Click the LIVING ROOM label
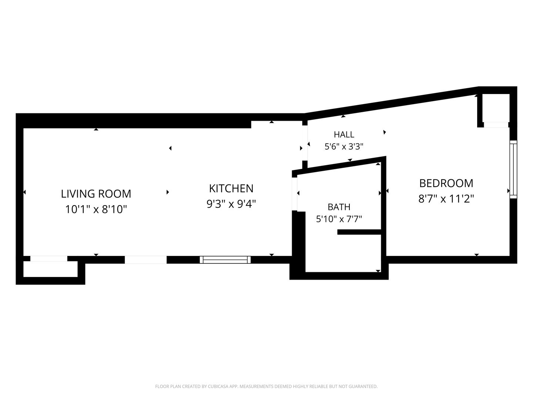click(96, 194)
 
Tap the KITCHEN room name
click(231, 189)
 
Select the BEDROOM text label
click(446, 183)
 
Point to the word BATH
click(339, 207)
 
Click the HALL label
click(344, 134)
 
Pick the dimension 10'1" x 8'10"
click(96, 209)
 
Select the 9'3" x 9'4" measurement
click(231, 204)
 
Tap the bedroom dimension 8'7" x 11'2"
click(446, 199)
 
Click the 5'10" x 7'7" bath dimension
click(339, 219)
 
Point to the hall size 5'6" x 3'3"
click(344, 146)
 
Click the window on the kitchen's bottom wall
click(225, 260)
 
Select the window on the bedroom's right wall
click(513, 169)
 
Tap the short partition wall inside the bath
click(359, 232)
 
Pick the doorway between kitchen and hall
click(305, 143)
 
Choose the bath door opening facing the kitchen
click(294, 194)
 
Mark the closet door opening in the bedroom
click(496, 124)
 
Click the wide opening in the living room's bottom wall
click(146, 260)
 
